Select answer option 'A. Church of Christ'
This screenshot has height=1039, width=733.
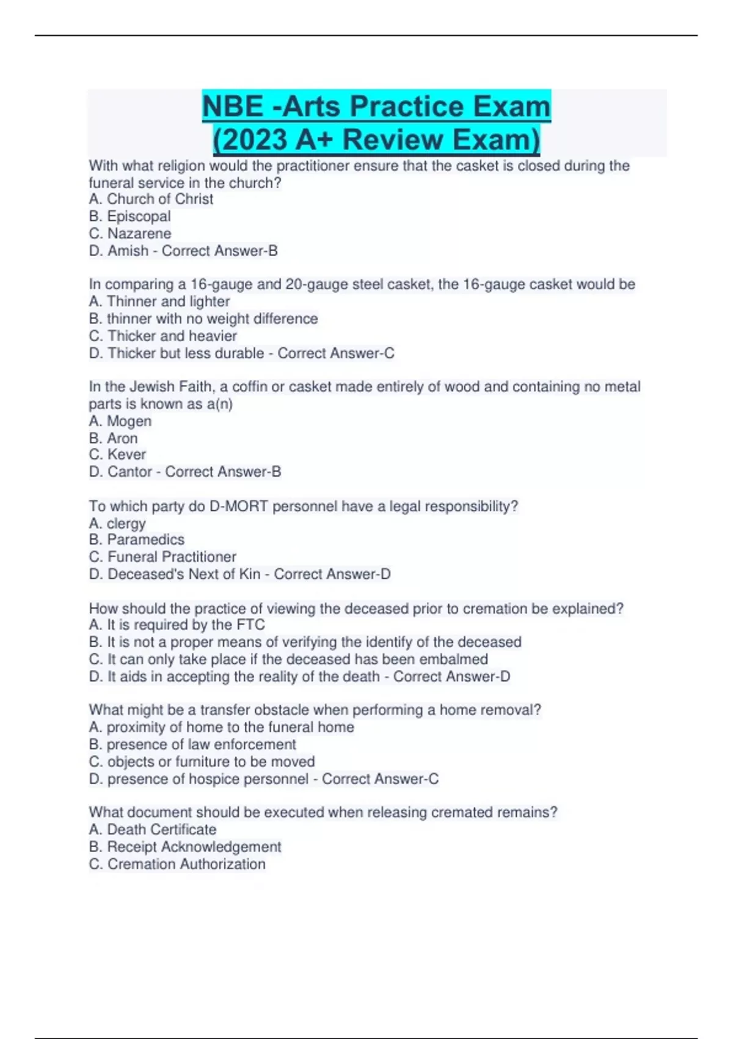(x=151, y=199)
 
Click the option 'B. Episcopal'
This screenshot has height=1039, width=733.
(x=129, y=216)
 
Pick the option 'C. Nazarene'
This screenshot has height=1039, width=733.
(x=129, y=233)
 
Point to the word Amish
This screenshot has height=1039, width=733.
(x=128, y=251)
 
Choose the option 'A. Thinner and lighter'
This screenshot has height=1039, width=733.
(x=159, y=301)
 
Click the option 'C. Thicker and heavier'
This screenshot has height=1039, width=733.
(x=162, y=336)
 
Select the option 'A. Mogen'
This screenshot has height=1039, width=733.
(x=120, y=421)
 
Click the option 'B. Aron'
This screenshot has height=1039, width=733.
(x=113, y=438)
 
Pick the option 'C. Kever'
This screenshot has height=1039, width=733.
(x=117, y=455)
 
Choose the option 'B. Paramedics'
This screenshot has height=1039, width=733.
(x=136, y=540)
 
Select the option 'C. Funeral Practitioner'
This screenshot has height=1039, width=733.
(x=162, y=557)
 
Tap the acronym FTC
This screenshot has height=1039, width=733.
(x=250, y=625)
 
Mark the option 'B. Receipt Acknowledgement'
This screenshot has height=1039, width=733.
(x=184, y=846)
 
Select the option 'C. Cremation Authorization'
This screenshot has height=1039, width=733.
(x=177, y=864)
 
